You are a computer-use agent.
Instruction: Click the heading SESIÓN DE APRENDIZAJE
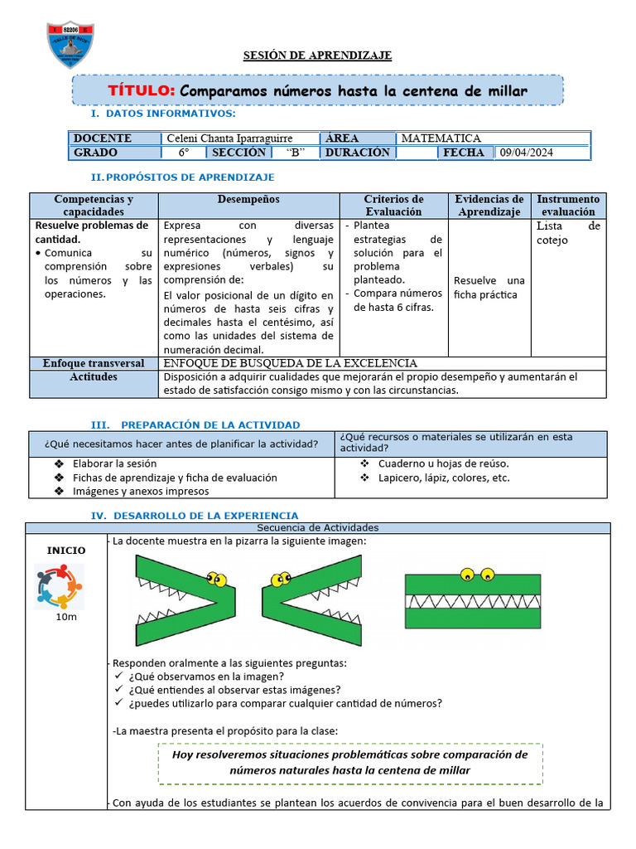(317, 56)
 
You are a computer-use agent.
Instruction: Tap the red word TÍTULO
(141, 90)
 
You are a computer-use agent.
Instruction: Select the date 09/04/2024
(525, 153)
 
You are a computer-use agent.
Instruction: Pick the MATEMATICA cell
(441, 138)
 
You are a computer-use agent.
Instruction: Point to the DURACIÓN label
(357, 153)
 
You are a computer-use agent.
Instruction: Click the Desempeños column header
(248, 200)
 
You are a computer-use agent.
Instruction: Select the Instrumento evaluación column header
(568, 205)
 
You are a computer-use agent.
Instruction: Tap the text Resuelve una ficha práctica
(489, 288)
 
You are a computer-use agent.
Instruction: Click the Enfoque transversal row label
(94, 363)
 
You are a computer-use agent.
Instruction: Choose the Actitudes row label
(94, 377)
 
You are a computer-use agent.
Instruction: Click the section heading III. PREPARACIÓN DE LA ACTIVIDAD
(195, 424)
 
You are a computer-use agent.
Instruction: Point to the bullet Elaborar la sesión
(114, 463)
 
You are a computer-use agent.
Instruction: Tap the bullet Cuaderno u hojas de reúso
(443, 463)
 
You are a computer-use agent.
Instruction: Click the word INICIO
(66, 550)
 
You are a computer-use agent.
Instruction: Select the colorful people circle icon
(60, 586)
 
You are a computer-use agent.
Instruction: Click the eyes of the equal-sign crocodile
(476, 573)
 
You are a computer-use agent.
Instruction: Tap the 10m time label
(67, 618)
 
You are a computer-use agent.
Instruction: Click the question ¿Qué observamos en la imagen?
(206, 676)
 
